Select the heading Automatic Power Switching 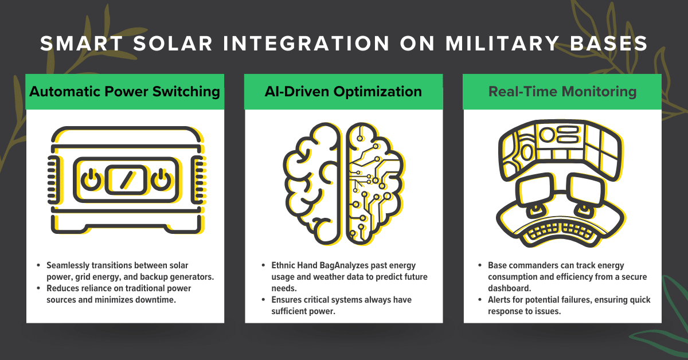point(125,91)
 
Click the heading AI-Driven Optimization point(343,91)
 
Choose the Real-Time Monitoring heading point(562,91)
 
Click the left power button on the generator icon point(89,181)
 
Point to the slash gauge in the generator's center point(124,181)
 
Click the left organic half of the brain point(312,183)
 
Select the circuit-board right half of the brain point(374,183)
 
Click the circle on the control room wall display point(548,135)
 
